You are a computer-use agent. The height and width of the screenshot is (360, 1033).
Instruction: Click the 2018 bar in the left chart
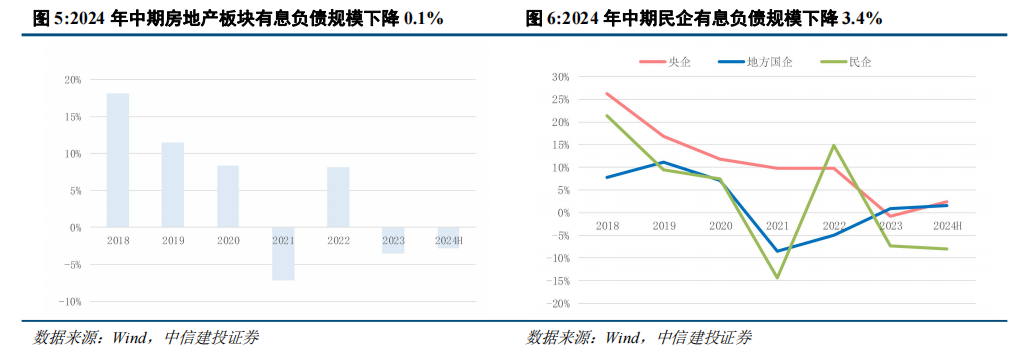[x=118, y=160]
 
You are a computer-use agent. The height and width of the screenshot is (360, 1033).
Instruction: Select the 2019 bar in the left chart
[x=173, y=185]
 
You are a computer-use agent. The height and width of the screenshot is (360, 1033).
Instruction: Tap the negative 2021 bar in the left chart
[x=283, y=254]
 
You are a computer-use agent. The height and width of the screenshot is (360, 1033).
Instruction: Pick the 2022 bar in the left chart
[x=338, y=197]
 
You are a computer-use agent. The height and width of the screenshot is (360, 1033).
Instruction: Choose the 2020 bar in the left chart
[x=228, y=196]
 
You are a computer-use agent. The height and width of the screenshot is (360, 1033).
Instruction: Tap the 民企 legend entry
[x=848, y=62]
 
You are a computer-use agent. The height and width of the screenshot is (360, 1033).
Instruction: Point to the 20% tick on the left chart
[x=72, y=80]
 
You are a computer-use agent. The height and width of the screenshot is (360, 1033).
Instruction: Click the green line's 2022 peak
[x=834, y=145]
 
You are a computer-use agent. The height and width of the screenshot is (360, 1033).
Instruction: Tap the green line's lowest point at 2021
[x=776, y=278]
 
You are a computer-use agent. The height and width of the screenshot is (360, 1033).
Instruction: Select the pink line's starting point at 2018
[x=607, y=94]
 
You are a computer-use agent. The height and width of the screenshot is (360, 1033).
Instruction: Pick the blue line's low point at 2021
[x=776, y=251]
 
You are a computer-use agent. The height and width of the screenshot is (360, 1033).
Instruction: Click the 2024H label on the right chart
[x=946, y=226]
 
